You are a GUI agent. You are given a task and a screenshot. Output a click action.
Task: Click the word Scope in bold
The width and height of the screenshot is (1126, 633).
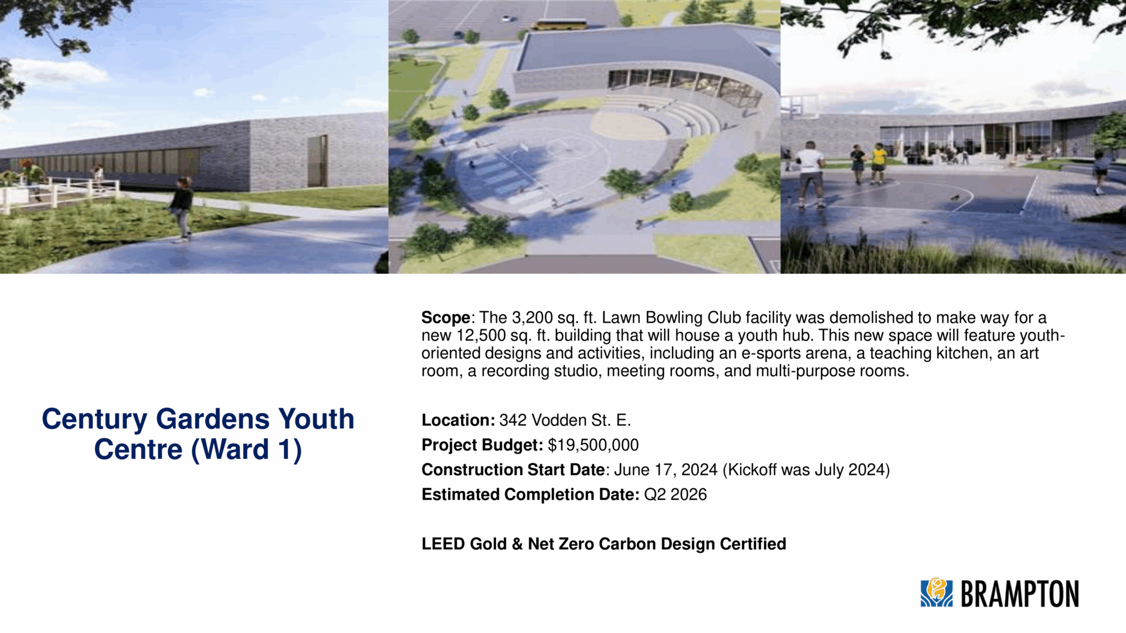click(x=446, y=318)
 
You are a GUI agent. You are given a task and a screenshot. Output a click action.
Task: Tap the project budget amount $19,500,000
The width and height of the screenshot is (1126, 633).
click(x=593, y=445)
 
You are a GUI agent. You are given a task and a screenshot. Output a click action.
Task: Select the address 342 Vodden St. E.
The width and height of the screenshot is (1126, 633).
click(x=565, y=420)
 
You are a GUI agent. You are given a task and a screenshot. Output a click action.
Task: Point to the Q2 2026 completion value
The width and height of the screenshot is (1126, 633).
click(x=676, y=495)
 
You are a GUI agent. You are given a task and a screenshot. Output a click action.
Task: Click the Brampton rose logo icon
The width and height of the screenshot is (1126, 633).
click(x=937, y=593)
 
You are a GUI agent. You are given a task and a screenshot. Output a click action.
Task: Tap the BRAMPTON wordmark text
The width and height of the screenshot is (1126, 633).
click(x=1020, y=594)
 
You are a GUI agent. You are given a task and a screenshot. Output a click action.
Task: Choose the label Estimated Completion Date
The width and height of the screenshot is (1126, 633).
click(x=530, y=495)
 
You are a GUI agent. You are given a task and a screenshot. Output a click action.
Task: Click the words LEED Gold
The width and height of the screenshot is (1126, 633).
click(x=464, y=544)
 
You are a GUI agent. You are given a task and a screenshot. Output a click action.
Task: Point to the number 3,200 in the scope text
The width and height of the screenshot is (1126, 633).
click(x=533, y=318)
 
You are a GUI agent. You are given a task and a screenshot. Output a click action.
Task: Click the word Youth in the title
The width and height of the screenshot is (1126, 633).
click(x=316, y=419)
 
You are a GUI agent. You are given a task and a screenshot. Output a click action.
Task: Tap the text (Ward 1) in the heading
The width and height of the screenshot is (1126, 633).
click(x=246, y=450)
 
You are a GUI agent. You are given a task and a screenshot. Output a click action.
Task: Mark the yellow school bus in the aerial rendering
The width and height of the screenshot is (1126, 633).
click(x=559, y=25)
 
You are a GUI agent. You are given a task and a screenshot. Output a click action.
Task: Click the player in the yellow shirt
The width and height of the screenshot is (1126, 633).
click(x=878, y=164)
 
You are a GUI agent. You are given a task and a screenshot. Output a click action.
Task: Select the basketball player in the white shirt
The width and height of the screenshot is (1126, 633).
click(x=810, y=174)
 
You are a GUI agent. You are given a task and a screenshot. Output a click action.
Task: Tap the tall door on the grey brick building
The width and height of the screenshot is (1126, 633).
click(x=317, y=161)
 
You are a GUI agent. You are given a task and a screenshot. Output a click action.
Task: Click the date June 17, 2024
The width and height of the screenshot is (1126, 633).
click(x=666, y=470)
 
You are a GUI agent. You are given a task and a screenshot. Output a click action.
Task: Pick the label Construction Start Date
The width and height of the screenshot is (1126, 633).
click(x=513, y=470)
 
